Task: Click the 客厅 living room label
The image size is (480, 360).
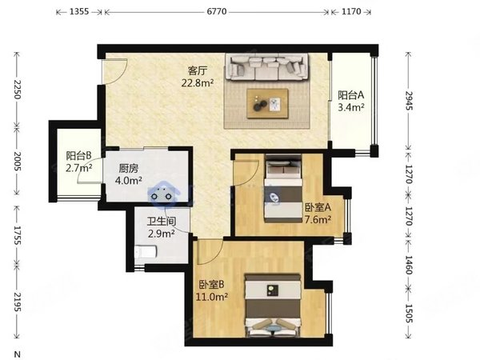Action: pyautogui.click(x=198, y=71)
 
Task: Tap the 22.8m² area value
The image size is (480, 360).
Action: pyautogui.click(x=198, y=82)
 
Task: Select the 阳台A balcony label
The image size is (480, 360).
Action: pyautogui.click(x=351, y=95)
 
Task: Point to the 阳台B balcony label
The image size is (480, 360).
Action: pyautogui.click(x=79, y=156)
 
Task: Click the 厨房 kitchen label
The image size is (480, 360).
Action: pyautogui.click(x=128, y=169)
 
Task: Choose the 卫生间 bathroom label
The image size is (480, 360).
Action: pyautogui.click(x=162, y=222)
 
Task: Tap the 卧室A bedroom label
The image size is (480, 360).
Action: pyautogui.click(x=318, y=207)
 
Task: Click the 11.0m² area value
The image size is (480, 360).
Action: pyautogui.click(x=212, y=296)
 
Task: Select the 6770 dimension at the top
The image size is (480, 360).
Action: pyautogui.click(x=217, y=12)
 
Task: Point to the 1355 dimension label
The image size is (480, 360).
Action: pyautogui.click(x=79, y=12)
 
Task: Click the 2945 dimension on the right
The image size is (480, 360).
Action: pyautogui.click(x=410, y=101)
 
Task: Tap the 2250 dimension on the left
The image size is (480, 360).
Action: pyautogui.click(x=17, y=90)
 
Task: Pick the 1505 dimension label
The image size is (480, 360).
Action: pyautogui.click(x=410, y=313)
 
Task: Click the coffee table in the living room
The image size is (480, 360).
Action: pyautogui.click(x=268, y=103)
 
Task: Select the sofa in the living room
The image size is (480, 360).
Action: pyautogui.click(x=266, y=67)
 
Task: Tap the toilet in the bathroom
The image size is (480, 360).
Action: pyautogui.click(x=146, y=252)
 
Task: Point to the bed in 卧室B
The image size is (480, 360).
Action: pyautogui.click(x=272, y=306)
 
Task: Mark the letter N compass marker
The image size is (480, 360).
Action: pyautogui.click(x=18, y=354)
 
